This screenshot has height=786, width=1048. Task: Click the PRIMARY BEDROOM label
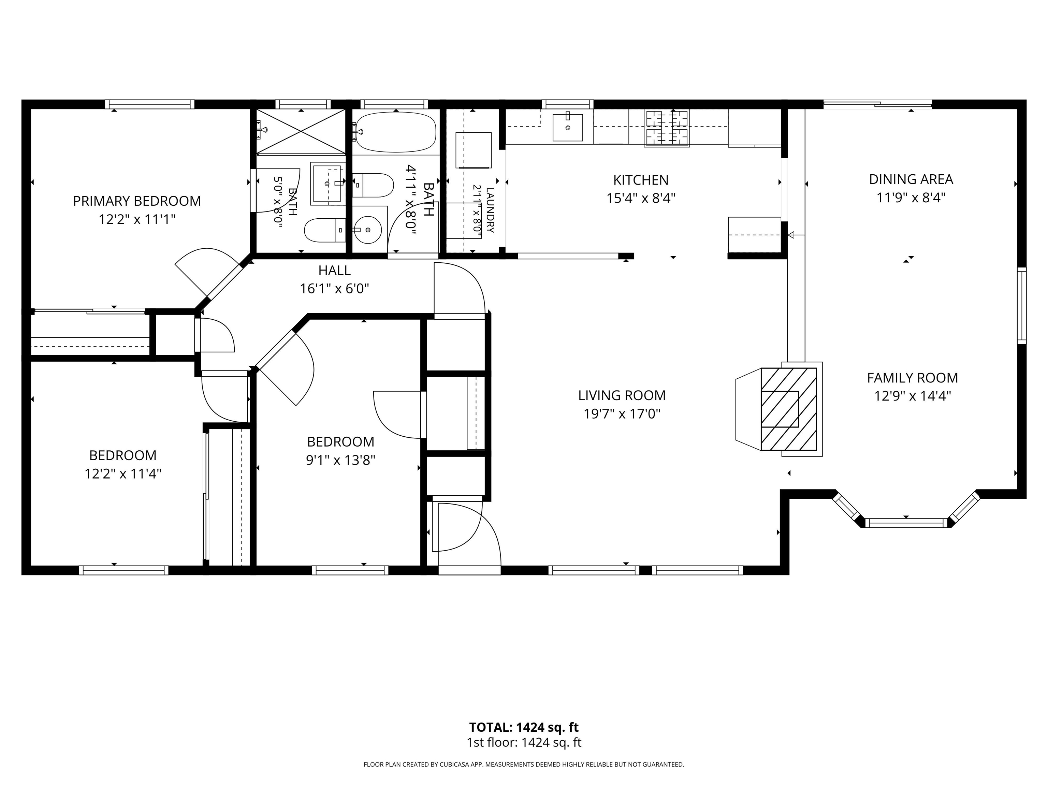coord(137,201)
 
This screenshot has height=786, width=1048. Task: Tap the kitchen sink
coord(568,127)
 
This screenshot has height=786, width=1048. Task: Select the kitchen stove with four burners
coord(667,128)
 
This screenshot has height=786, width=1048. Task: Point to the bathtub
coord(396,132)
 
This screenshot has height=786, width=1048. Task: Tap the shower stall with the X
coord(301,132)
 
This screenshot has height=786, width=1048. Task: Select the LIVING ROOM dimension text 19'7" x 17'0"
coord(622,413)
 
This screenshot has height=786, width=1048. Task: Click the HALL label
coord(334,271)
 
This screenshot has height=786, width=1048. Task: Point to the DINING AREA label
coord(911,179)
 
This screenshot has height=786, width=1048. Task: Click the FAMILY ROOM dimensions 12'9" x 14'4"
coord(913,396)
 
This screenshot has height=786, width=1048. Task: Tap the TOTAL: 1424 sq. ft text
coord(524,727)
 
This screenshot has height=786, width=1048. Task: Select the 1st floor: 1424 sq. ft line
coord(524,742)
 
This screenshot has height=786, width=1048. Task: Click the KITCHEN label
coord(641,180)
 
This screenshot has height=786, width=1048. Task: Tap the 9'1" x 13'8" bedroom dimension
coord(341,460)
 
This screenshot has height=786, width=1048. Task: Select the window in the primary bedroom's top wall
coord(150,104)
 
